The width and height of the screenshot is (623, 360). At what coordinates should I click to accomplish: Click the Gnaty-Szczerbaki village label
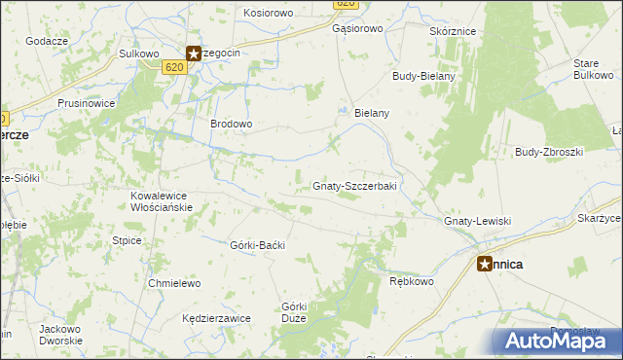pos(353,186)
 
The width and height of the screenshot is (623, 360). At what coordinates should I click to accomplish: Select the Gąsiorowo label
pos(357,29)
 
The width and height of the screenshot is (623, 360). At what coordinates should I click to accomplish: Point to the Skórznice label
pos(452,31)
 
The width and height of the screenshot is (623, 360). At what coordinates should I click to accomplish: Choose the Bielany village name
pos(372,113)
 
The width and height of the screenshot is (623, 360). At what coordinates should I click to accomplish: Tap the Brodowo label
pos(232,125)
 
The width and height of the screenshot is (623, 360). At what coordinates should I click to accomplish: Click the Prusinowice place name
pos(87,102)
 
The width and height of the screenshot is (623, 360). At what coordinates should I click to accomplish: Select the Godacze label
pos(47,40)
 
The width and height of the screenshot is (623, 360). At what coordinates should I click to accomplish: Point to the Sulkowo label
pos(138,54)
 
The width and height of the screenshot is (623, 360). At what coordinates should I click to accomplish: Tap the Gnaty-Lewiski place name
pos(477,222)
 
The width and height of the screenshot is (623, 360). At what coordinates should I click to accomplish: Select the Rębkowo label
pos(410,281)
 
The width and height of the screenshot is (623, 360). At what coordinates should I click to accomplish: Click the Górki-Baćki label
pos(257,245)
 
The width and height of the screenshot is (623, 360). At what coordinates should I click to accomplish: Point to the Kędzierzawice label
pos(216,318)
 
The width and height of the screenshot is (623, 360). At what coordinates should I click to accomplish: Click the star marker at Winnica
pos(485,263)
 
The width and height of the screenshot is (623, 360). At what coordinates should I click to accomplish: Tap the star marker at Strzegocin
pos(193,54)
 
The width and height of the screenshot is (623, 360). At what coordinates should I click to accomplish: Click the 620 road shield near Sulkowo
pos(173,67)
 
